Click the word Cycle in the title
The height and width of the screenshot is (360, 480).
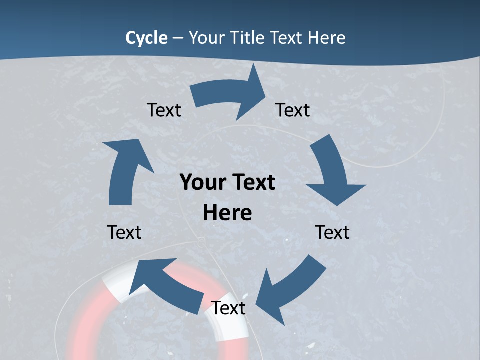tap(146, 38)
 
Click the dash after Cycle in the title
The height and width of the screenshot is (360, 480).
tap(178, 38)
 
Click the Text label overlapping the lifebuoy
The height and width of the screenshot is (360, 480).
tap(228, 308)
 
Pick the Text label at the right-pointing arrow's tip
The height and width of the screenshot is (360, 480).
tap(293, 110)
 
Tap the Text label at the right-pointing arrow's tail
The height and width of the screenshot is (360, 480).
tap(164, 110)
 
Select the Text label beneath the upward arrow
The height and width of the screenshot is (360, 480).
tap(124, 232)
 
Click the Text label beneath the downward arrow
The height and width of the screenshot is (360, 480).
tap(332, 232)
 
